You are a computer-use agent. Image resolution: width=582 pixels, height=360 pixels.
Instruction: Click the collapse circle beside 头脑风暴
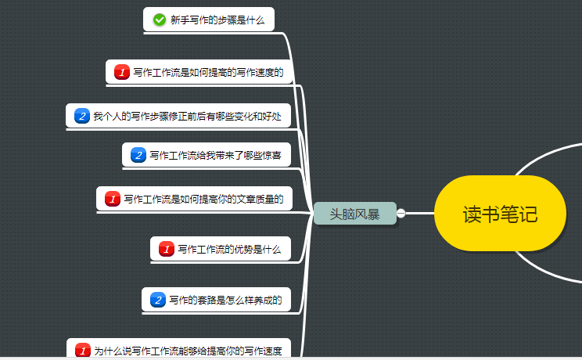[x=401, y=213]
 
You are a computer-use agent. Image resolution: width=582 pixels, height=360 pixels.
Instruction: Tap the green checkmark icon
[x=160, y=20]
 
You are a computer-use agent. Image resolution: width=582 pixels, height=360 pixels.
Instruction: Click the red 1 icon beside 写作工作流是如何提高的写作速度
[x=121, y=73]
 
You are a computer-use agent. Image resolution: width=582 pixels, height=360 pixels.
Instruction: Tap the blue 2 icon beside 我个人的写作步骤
[x=82, y=116]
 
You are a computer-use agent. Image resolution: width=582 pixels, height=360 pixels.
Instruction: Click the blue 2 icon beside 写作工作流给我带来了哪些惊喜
[x=138, y=155]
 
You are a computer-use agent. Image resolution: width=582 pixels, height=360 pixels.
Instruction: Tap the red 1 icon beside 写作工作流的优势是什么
[x=167, y=250]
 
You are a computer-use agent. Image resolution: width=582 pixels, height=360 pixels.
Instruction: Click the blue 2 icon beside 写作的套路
[x=158, y=300]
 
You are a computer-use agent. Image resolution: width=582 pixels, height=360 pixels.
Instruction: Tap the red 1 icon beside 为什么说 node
[x=82, y=351]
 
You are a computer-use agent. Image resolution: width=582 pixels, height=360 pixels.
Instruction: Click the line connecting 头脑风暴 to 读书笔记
[x=420, y=213]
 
